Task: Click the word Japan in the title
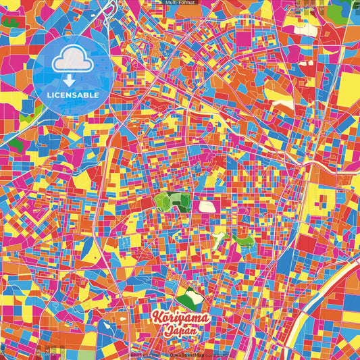tap(185, 330)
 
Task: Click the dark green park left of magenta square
tap(181, 200)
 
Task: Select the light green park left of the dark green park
tap(163, 200)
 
